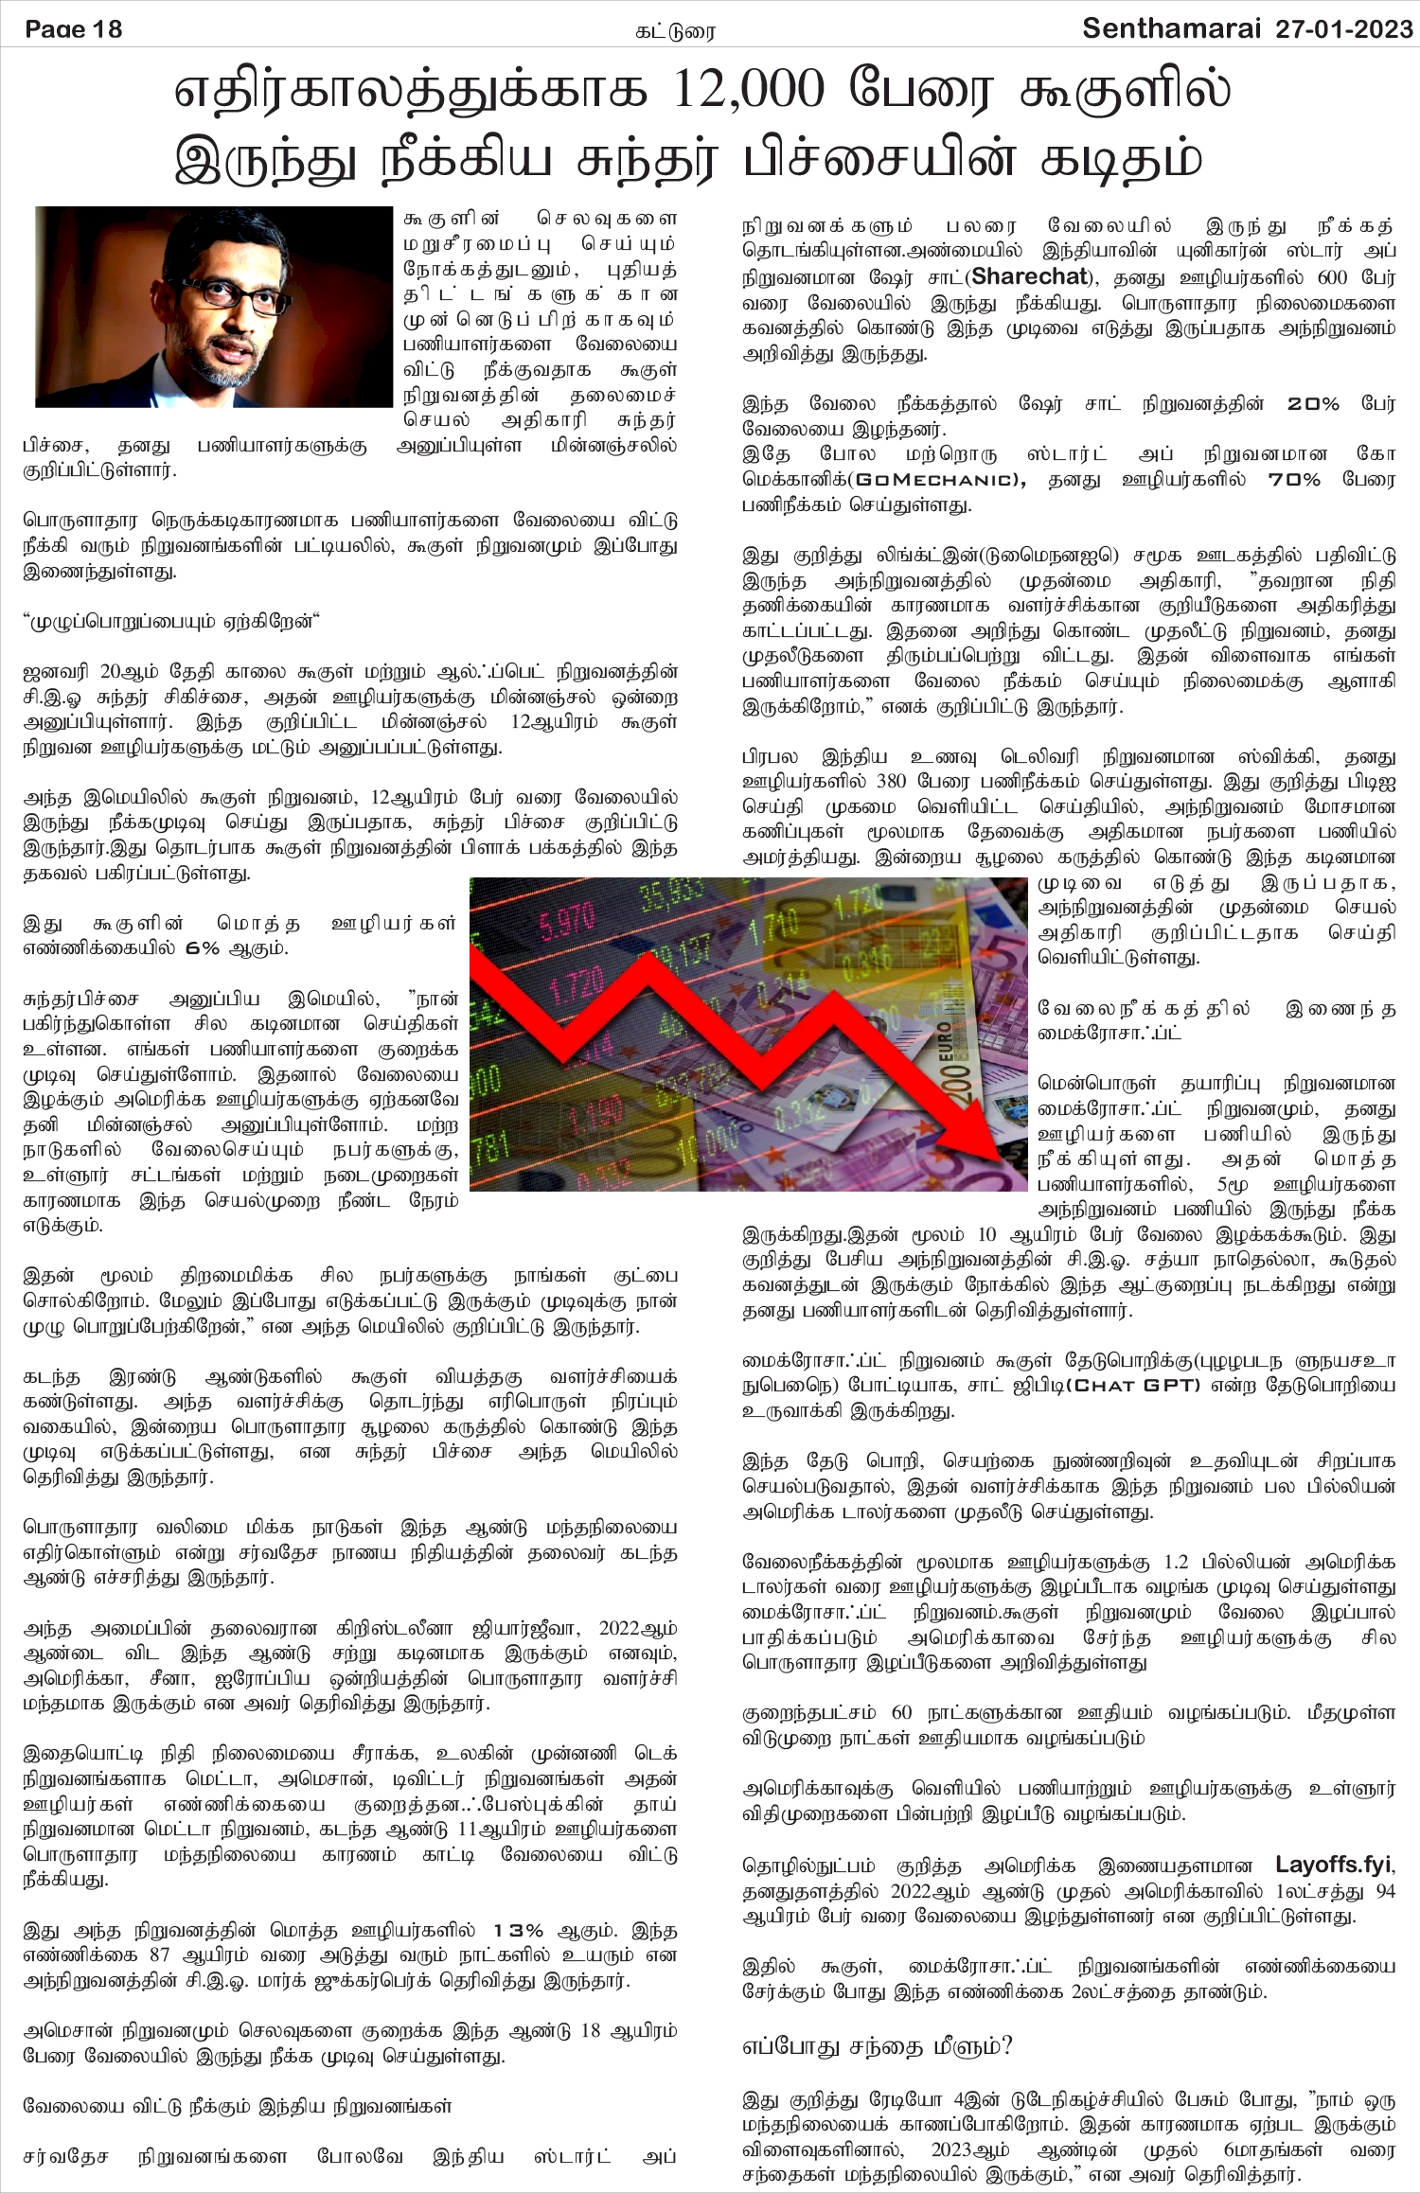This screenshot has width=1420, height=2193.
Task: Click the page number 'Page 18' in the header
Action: click(x=74, y=29)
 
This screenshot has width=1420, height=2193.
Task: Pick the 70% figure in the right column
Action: click(x=1293, y=480)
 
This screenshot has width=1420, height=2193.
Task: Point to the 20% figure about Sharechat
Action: click(x=1313, y=404)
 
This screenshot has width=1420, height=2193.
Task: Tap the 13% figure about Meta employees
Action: click(x=518, y=1931)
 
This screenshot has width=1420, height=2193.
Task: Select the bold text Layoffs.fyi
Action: click(x=1334, y=1866)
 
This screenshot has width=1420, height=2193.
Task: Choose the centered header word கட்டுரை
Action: click(x=675, y=32)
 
